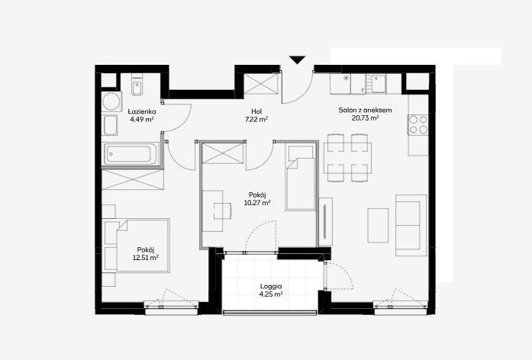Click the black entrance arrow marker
point(298,59)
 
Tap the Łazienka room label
point(142,111)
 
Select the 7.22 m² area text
point(256,119)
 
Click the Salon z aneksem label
point(365,110)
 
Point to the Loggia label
point(271,287)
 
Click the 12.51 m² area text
point(146,258)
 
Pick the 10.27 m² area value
point(257,203)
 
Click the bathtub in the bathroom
point(131,154)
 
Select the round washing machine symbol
point(111,101)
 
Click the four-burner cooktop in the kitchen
point(418,124)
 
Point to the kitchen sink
point(379,84)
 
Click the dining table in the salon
point(347,159)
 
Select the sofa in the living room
point(411,226)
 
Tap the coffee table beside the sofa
point(378,226)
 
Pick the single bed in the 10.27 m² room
point(301,177)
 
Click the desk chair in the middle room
point(223,211)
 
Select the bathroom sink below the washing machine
point(110,125)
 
